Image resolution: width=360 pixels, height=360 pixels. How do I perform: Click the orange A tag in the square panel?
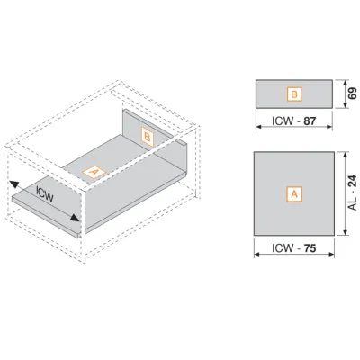tap(294, 194)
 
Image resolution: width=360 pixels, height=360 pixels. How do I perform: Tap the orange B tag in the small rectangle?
tap(294, 94)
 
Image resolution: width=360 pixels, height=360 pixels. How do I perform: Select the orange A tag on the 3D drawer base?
tap(94, 173)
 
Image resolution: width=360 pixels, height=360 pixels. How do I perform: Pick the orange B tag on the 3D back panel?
tap(148, 138)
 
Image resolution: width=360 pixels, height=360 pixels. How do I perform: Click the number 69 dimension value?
tap(353, 94)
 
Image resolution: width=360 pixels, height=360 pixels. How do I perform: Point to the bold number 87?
tap(310, 121)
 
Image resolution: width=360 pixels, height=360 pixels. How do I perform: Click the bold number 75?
tap(310, 248)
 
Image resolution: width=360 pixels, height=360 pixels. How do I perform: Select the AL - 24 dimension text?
tap(353, 193)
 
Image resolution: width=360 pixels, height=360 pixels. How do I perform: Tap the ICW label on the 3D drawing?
tap(44, 194)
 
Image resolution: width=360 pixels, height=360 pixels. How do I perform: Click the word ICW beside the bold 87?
tap(283, 121)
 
